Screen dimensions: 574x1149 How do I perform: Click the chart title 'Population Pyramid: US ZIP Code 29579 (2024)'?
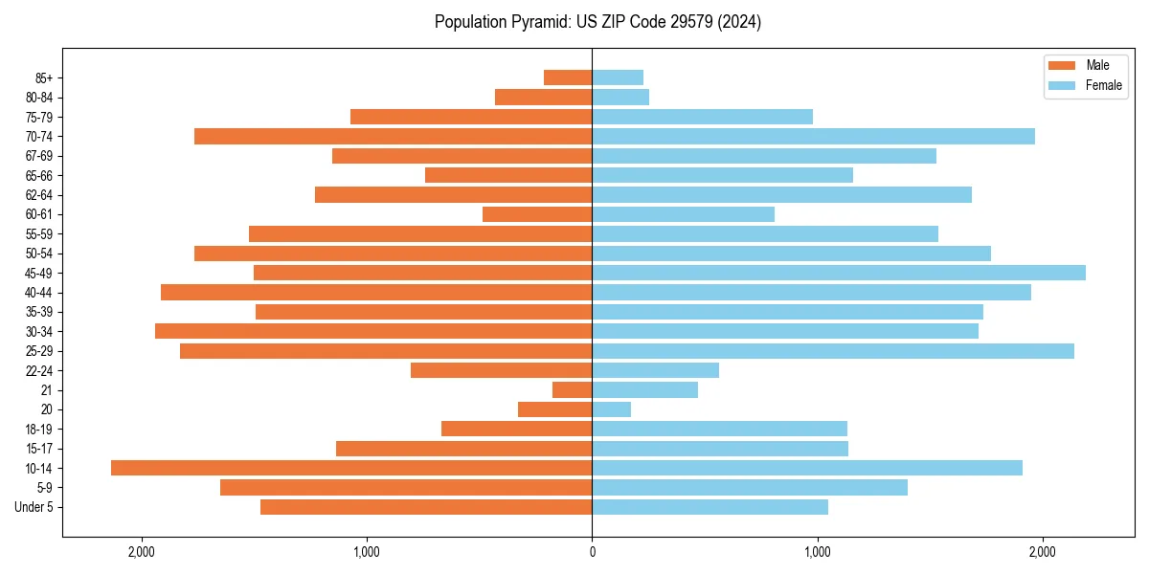(597, 22)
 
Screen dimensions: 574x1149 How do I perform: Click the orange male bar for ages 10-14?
(351, 468)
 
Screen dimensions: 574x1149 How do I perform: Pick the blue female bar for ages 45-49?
(839, 273)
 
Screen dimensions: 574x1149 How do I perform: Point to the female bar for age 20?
(612, 409)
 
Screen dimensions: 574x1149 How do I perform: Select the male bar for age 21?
(573, 389)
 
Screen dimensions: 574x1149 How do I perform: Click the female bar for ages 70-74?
(814, 136)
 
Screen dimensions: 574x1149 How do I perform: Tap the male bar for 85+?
(568, 77)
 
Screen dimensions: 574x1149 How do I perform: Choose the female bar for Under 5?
(710, 507)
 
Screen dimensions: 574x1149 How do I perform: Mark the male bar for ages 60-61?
(537, 214)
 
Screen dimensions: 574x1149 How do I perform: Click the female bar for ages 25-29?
(833, 351)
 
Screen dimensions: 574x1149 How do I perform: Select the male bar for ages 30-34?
(373, 331)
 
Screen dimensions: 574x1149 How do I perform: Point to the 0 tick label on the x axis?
(592, 552)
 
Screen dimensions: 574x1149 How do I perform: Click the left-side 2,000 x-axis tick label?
(142, 552)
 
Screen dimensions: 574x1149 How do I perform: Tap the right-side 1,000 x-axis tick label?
(817, 552)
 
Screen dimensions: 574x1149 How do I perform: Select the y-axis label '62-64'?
(39, 195)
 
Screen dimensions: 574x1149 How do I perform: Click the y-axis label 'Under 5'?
(34, 507)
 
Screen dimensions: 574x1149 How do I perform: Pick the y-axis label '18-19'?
(39, 429)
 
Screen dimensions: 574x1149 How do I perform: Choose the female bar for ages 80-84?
(620, 97)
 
